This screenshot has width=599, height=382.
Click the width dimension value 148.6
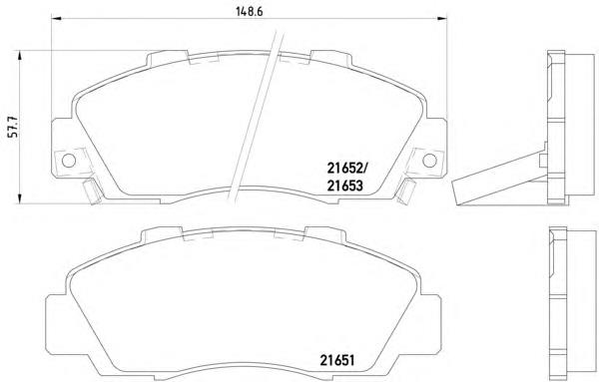[x=249, y=11]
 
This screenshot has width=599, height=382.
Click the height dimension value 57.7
[x=15, y=127]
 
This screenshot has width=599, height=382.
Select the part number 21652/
[x=346, y=168]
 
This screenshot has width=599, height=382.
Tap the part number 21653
[x=344, y=186]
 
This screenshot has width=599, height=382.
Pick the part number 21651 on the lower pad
[x=337, y=360]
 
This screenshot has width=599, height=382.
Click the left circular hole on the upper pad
[x=69, y=161]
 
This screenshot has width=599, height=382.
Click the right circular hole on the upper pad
[x=429, y=161]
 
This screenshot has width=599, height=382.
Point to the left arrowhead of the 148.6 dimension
[x=56, y=18]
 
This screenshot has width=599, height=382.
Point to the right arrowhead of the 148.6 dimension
[x=442, y=18]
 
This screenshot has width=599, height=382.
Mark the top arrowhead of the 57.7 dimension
[x=19, y=56]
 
